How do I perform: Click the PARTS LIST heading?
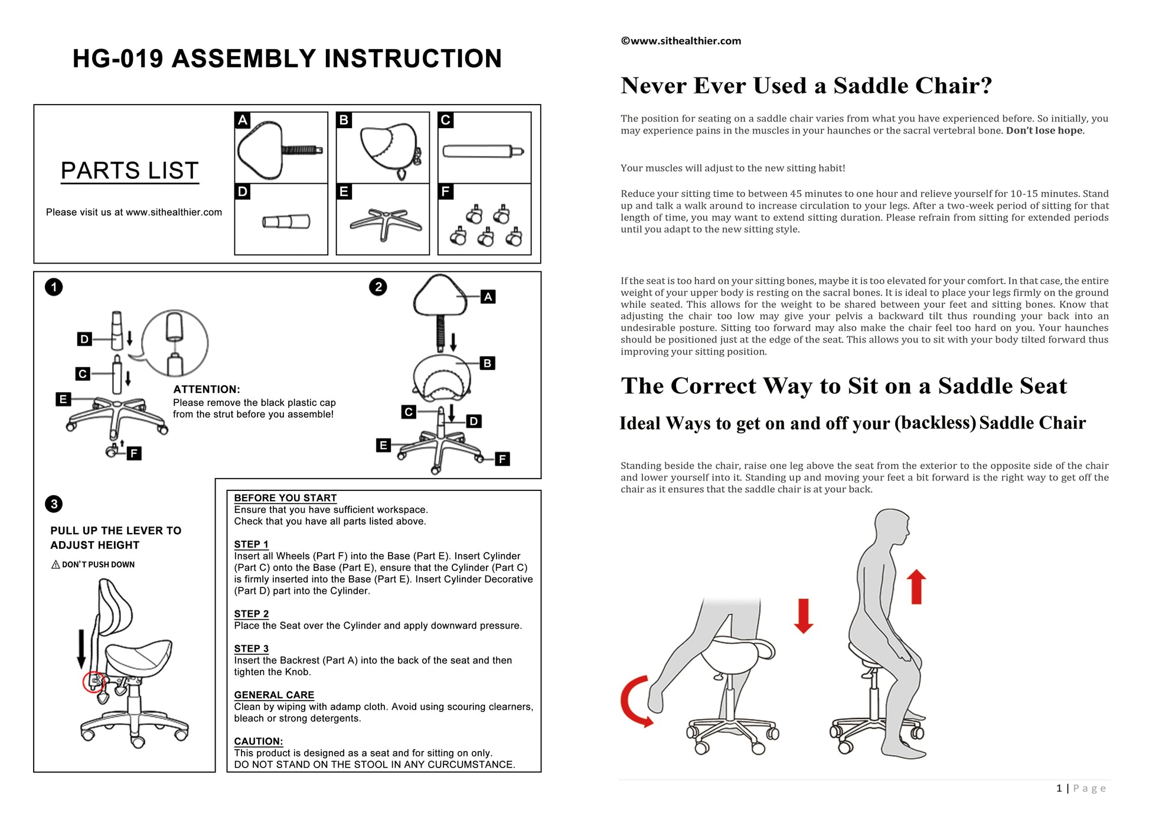[x=129, y=171]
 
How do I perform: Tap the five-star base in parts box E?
[x=385, y=222]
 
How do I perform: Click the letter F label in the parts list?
[x=445, y=191]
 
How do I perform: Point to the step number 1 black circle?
[x=54, y=287]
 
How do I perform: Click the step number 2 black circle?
[x=378, y=287]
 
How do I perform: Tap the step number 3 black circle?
[x=54, y=504]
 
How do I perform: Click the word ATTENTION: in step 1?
[x=206, y=389]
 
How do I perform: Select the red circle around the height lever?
[x=93, y=682]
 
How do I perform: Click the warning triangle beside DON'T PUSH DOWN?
[x=56, y=565]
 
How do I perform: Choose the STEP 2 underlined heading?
[x=251, y=614]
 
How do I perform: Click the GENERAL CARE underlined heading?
[x=274, y=695]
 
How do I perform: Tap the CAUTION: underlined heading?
[x=258, y=741]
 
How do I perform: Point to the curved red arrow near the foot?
[x=635, y=701]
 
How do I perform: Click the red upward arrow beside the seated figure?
[x=916, y=586]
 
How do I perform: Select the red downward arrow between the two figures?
[x=804, y=616]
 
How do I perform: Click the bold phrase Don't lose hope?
[x=1044, y=131]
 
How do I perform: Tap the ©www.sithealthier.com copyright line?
[x=681, y=41]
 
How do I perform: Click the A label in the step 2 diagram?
[x=488, y=297]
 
